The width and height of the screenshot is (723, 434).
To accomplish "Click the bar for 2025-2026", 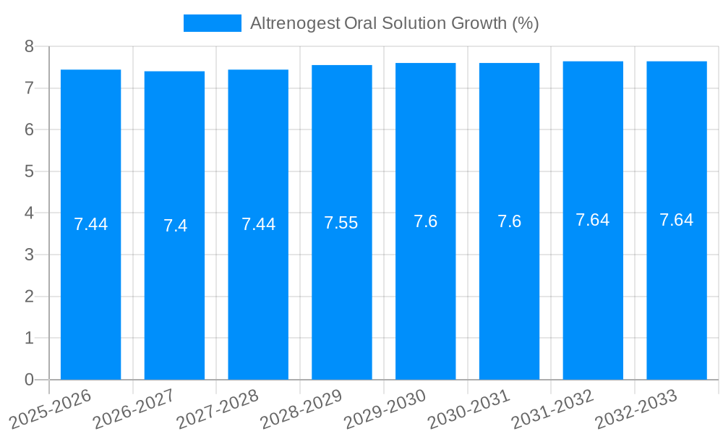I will point(90,224).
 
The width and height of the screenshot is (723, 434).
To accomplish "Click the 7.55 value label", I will point(341,223).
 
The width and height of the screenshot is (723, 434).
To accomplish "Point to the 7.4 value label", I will point(175,226).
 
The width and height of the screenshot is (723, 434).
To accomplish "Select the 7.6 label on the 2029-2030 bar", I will point(425,221).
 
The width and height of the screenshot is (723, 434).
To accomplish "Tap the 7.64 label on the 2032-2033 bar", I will point(676,220).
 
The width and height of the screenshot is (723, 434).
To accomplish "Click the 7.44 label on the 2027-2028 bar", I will point(258,224).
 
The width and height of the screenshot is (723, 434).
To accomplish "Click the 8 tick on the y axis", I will point(29,47).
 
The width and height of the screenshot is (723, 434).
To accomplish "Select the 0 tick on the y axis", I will point(29,380).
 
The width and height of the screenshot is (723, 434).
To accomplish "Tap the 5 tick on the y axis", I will point(29,171).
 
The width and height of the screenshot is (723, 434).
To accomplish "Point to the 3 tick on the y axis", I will point(29,255).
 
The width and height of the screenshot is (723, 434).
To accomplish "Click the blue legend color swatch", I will point(213,23).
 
